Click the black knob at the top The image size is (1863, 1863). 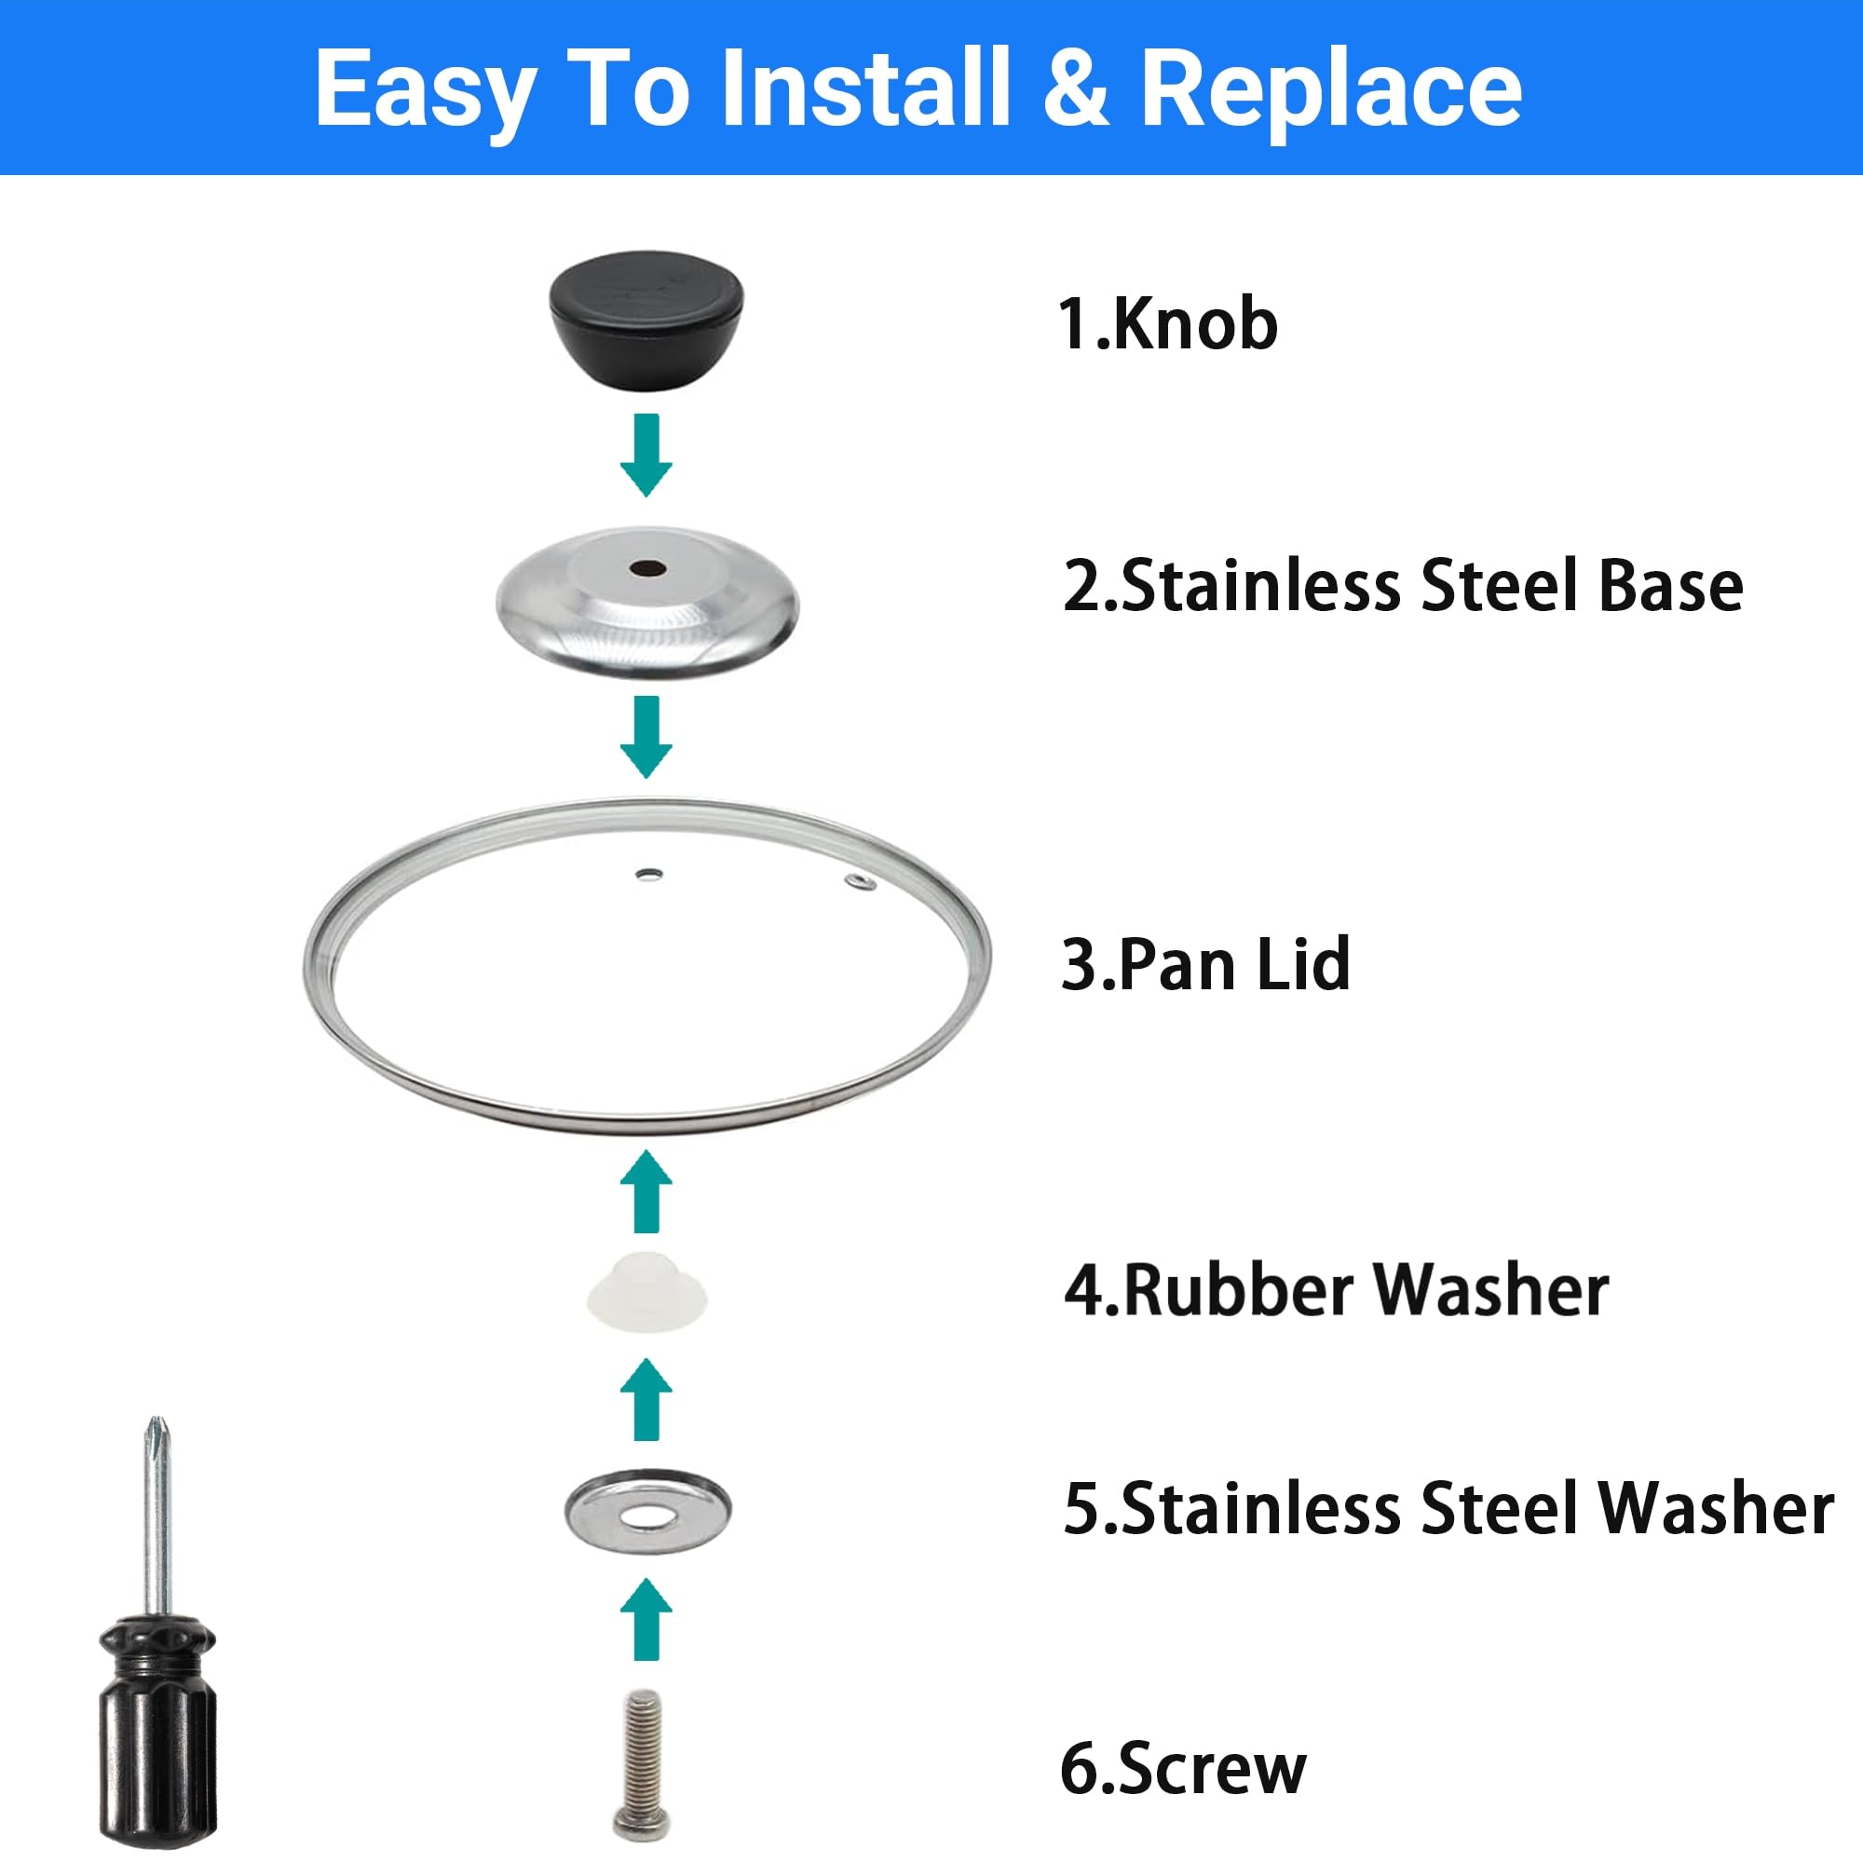point(646,321)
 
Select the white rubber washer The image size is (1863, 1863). point(647,1291)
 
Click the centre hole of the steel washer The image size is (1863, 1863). point(647,1516)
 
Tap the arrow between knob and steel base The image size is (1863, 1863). point(646,456)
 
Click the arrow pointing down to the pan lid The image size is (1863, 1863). point(646,737)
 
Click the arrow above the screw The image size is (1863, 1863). point(646,1619)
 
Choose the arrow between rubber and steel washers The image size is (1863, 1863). point(646,1399)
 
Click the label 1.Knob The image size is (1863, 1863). point(1168,324)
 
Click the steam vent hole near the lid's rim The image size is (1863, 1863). point(860,880)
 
